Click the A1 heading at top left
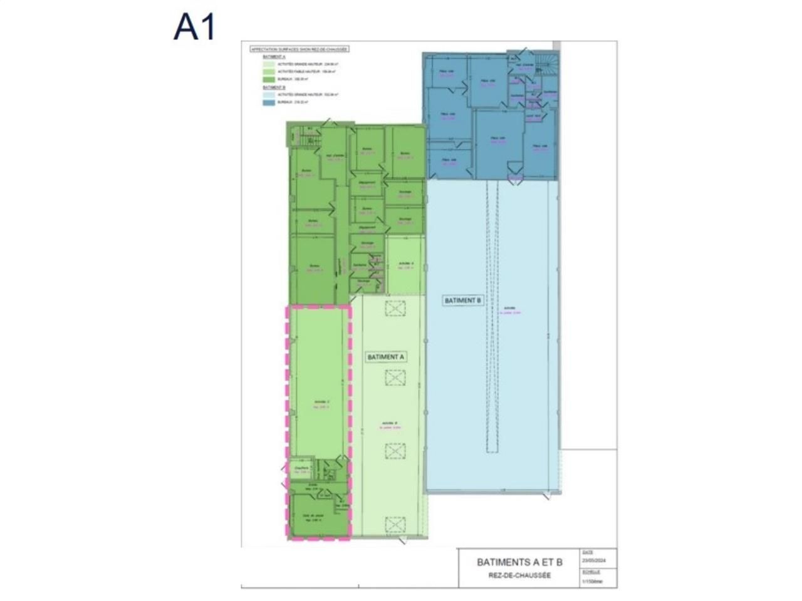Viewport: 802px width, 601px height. (x=194, y=28)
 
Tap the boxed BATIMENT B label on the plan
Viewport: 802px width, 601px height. (x=463, y=300)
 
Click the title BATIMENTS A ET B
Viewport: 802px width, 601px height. (x=519, y=562)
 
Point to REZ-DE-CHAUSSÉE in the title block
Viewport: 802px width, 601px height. (x=519, y=575)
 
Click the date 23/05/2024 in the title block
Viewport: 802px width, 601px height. (x=591, y=560)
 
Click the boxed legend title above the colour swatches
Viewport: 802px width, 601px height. (x=298, y=49)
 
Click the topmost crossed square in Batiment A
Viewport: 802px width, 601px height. (x=395, y=308)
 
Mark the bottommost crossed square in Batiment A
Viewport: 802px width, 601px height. (x=395, y=525)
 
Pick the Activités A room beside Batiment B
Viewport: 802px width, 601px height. (x=405, y=266)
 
